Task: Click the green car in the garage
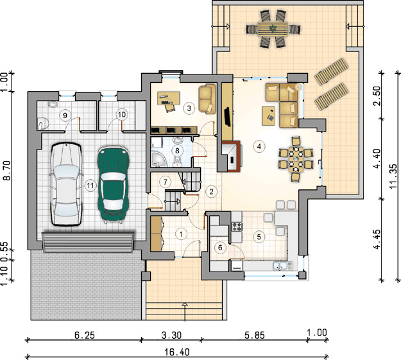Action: click(x=113, y=184)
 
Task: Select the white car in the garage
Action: click(x=67, y=184)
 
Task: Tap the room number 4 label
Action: click(x=259, y=146)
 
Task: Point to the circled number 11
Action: click(x=90, y=185)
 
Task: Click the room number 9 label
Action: click(x=65, y=116)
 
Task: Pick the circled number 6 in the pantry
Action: click(x=220, y=248)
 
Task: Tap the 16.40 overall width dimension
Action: click(x=177, y=352)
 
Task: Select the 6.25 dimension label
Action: click(x=85, y=335)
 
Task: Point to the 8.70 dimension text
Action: click(x=7, y=171)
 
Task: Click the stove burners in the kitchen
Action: click(x=237, y=227)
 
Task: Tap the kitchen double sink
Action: click(x=282, y=266)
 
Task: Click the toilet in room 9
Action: click(x=43, y=123)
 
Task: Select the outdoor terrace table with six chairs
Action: click(x=273, y=29)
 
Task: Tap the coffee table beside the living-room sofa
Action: click(x=269, y=116)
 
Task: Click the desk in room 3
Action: click(x=168, y=98)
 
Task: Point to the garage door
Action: click(x=88, y=243)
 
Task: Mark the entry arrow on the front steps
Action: click(x=185, y=312)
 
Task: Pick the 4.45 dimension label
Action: click(x=378, y=240)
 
